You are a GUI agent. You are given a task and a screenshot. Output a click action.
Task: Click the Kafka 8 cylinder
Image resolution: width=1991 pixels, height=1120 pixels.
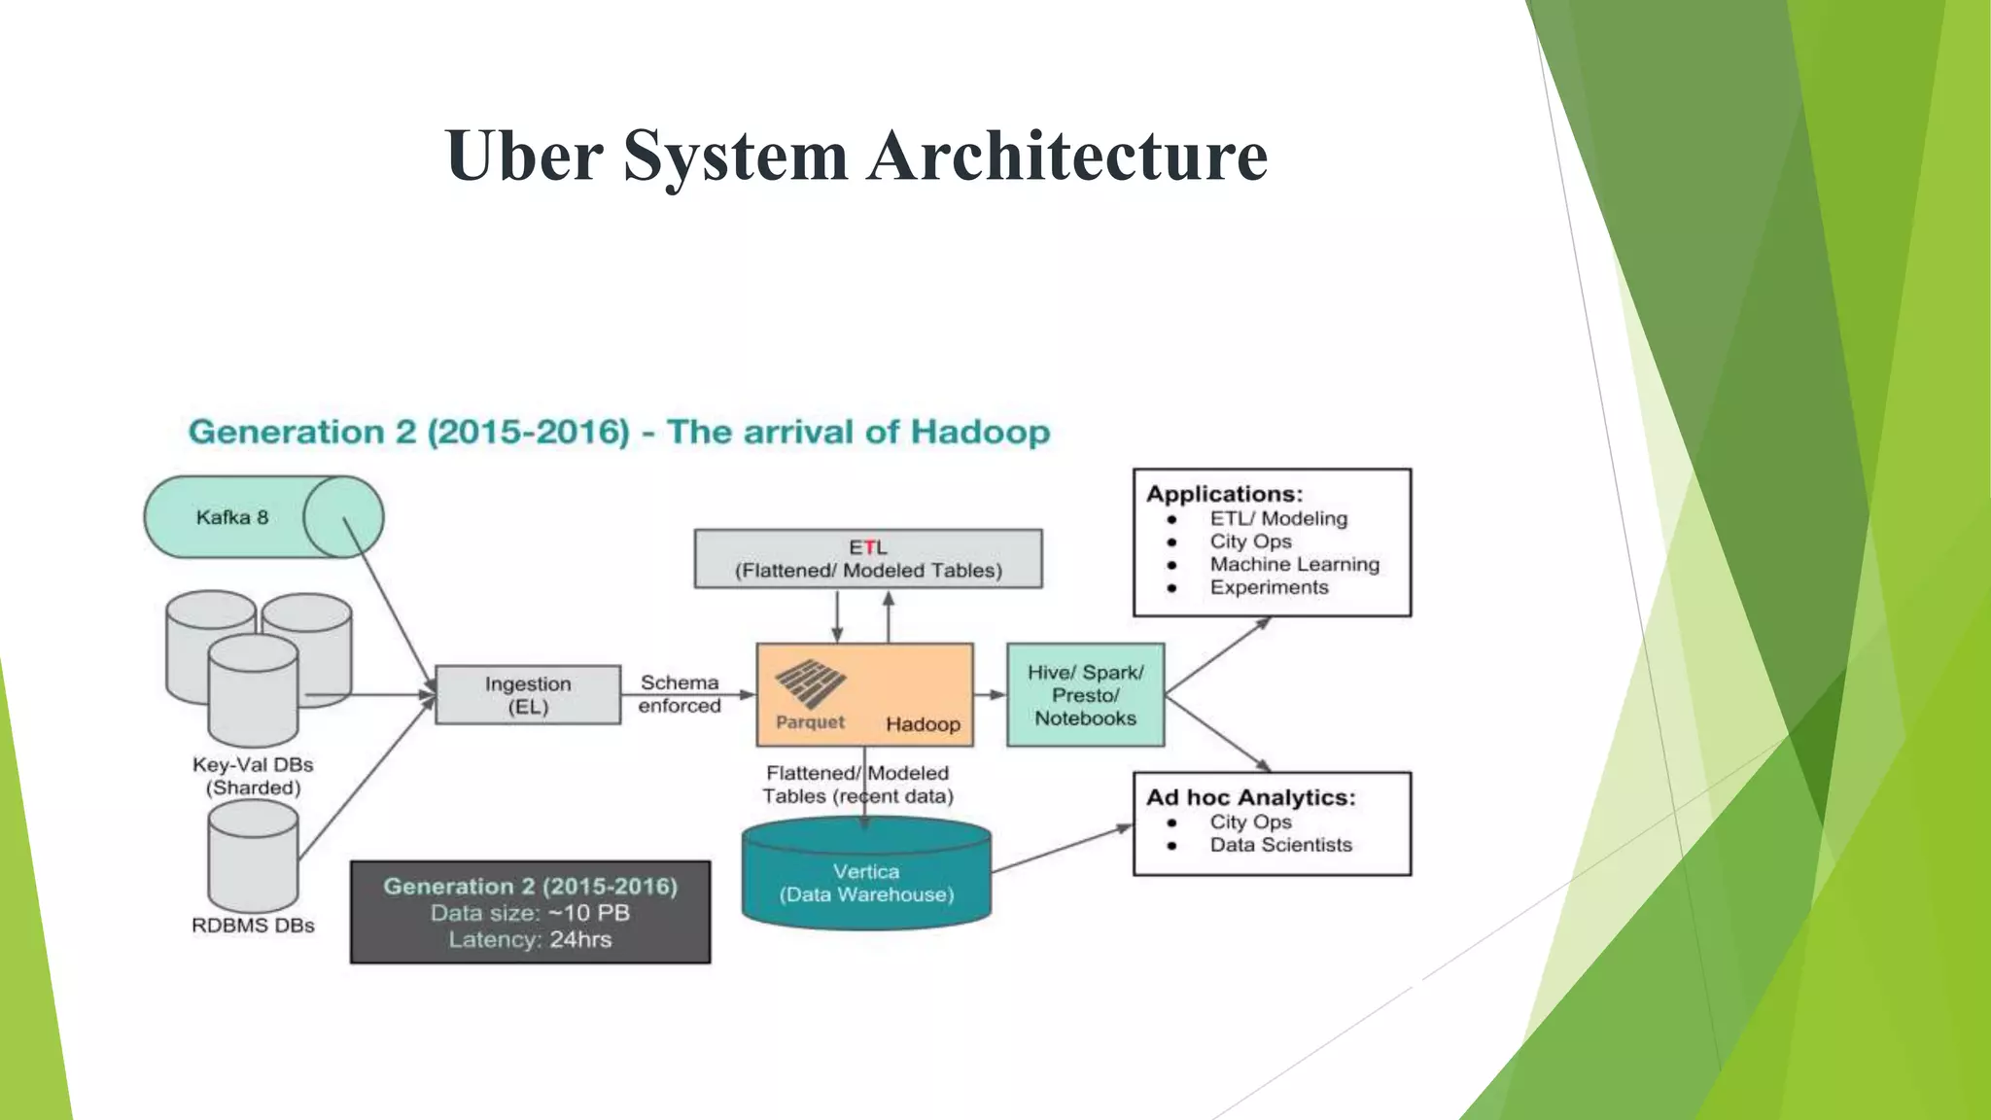262,517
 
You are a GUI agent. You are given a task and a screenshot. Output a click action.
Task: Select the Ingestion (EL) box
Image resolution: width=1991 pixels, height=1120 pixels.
528,695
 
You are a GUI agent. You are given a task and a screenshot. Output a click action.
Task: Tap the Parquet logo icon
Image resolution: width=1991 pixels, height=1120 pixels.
810,683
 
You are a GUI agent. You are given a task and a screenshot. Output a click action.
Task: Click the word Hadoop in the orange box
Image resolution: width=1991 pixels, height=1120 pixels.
923,724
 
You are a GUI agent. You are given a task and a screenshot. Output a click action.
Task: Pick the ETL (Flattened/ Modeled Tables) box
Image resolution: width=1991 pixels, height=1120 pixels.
868,559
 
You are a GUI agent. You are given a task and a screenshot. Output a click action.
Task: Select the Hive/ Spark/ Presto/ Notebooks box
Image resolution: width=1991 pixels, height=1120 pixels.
1085,695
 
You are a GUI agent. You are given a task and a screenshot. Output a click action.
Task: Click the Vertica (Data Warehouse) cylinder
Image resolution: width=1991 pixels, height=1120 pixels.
866,880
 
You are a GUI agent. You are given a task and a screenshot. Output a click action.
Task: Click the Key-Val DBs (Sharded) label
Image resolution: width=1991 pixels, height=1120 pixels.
253,776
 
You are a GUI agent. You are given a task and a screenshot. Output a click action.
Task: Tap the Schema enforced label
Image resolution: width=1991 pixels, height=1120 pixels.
680,694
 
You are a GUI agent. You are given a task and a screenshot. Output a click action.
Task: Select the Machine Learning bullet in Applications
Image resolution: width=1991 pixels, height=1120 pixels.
1294,564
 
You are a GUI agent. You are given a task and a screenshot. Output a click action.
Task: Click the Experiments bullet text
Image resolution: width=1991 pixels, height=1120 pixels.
1269,587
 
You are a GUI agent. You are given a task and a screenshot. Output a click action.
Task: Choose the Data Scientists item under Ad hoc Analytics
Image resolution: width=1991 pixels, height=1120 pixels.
1280,845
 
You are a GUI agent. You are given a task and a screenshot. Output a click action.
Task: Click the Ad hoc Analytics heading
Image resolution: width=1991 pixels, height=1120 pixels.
1250,797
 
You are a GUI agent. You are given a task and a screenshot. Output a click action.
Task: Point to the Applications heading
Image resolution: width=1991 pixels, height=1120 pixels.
1224,494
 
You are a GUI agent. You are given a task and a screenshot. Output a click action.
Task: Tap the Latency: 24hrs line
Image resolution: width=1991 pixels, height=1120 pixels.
530,940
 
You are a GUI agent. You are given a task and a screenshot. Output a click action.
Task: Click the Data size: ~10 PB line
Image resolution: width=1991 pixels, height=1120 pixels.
530,913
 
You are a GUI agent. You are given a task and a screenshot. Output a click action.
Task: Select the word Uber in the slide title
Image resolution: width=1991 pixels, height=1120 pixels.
524,156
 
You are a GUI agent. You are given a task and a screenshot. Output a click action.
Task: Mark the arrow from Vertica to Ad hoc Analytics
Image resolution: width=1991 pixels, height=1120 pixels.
1062,849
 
